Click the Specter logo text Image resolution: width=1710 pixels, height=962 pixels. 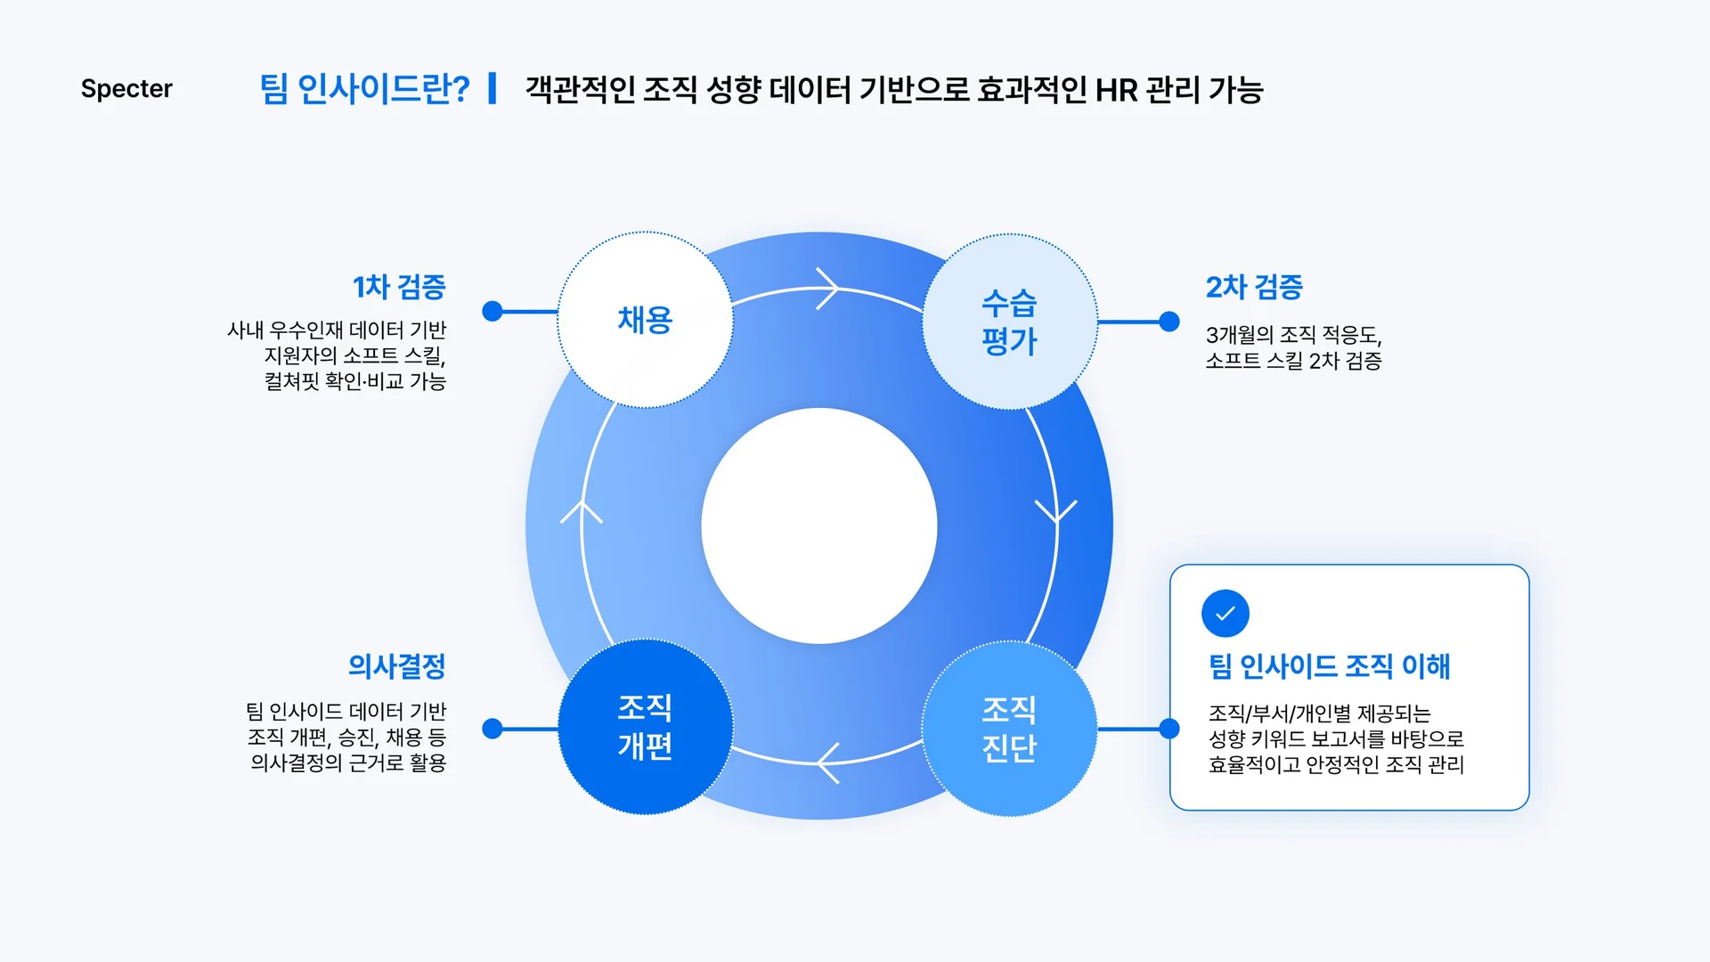coord(126,89)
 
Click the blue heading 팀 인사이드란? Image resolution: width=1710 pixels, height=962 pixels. coord(364,89)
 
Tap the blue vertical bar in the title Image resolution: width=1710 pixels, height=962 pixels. coord(493,89)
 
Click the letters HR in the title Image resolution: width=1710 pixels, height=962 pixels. coord(1116,90)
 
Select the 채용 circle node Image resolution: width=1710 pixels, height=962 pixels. coord(645,320)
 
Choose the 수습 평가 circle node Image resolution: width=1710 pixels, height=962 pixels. coord(1009,322)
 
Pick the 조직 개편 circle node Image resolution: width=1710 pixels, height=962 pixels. coord(645,727)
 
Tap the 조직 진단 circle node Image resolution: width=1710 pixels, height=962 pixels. coord(1009,729)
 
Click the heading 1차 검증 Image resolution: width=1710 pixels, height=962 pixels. coord(399,287)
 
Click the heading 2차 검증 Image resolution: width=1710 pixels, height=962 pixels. coord(1254,287)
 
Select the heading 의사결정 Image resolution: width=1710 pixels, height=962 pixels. coord(396,665)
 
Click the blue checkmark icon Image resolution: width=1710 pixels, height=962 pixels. coord(1225,614)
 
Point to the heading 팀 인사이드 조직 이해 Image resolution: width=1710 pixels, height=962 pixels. coord(1329,666)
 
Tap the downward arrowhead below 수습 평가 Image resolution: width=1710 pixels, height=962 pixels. coord(1056,511)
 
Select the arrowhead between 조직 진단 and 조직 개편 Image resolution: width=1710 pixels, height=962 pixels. coord(826,763)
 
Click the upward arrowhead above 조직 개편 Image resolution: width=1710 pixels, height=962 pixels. coord(582,511)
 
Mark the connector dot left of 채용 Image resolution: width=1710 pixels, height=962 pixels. coord(493,311)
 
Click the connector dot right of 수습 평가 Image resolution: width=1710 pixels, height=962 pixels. coord(1169,322)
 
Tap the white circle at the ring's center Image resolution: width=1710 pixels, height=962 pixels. coord(819,526)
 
